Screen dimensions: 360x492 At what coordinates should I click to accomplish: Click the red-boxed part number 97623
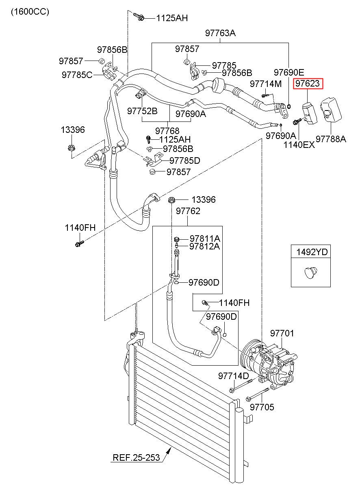[308, 83]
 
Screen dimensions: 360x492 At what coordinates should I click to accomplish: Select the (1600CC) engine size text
[30, 12]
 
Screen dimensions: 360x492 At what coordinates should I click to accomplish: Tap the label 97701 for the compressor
[282, 333]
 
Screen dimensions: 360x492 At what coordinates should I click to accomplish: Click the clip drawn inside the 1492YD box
[311, 272]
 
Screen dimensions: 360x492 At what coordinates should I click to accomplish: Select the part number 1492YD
[312, 252]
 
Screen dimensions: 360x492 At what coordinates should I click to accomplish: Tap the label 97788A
[331, 139]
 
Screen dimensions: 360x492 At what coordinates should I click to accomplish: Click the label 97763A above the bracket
[220, 33]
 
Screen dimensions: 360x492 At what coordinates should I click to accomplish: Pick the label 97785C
[77, 75]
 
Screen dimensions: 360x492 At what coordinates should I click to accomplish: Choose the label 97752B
[142, 111]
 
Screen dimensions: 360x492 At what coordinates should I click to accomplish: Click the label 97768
[167, 131]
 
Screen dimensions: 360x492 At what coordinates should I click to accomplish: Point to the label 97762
[188, 211]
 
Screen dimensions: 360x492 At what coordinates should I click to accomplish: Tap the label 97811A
[205, 238]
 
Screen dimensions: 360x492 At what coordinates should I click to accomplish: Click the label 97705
[262, 407]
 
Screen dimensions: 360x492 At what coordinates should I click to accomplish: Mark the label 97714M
[266, 84]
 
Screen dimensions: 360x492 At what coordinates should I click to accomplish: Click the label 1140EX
[299, 145]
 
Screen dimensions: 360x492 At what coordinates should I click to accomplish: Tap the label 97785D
[185, 160]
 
